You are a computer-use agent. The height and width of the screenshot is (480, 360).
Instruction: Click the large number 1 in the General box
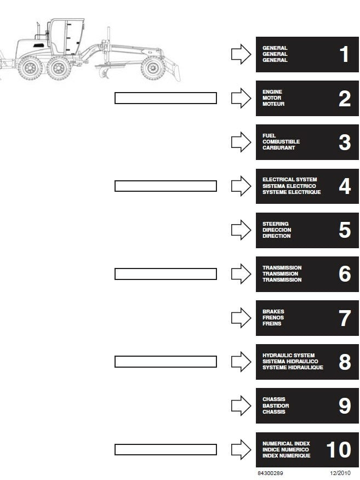pyautogui.click(x=345, y=54)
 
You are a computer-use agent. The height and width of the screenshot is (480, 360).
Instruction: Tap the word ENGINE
pyautogui.click(x=272, y=92)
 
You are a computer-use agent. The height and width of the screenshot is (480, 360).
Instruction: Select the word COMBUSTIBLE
pyautogui.click(x=281, y=142)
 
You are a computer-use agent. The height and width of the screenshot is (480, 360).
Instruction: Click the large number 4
pyautogui.click(x=345, y=186)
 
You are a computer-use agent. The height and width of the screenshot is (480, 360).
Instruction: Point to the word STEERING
pyautogui.click(x=275, y=224)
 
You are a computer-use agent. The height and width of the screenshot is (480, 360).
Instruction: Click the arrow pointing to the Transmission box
pyautogui.click(x=241, y=274)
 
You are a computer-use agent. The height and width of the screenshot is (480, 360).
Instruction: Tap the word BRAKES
pyautogui.click(x=273, y=312)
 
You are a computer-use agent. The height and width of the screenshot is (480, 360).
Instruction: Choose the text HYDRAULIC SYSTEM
pyautogui.click(x=288, y=356)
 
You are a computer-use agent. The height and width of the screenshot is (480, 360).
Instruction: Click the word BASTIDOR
pyautogui.click(x=276, y=405)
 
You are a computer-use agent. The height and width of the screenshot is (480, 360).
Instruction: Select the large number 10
pyautogui.click(x=339, y=450)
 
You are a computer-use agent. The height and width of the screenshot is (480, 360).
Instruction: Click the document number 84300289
pyautogui.click(x=270, y=473)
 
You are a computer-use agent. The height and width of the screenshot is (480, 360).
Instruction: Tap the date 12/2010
pyautogui.click(x=340, y=473)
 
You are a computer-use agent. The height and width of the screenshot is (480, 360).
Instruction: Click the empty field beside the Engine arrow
pyautogui.click(x=165, y=98)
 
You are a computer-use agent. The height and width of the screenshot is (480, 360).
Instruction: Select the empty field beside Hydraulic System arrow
pyautogui.click(x=165, y=362)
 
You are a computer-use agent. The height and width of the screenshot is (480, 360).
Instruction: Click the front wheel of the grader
pyautogui.click(x=152, y=68)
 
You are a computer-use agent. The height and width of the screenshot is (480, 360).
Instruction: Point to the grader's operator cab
pyautogui.click(x=66, y=37)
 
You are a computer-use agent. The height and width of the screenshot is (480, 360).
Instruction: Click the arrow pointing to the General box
pyautogui.click(x=241, y=54)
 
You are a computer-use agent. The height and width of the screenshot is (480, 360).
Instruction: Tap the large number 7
pyautogui.click(x=345, y=318)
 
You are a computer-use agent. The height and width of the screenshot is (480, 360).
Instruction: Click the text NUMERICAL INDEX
pyautogui.click(x=286, y=444)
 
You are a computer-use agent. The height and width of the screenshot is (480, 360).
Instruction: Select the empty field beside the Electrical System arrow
pyautogui.click(x=165, y=186)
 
